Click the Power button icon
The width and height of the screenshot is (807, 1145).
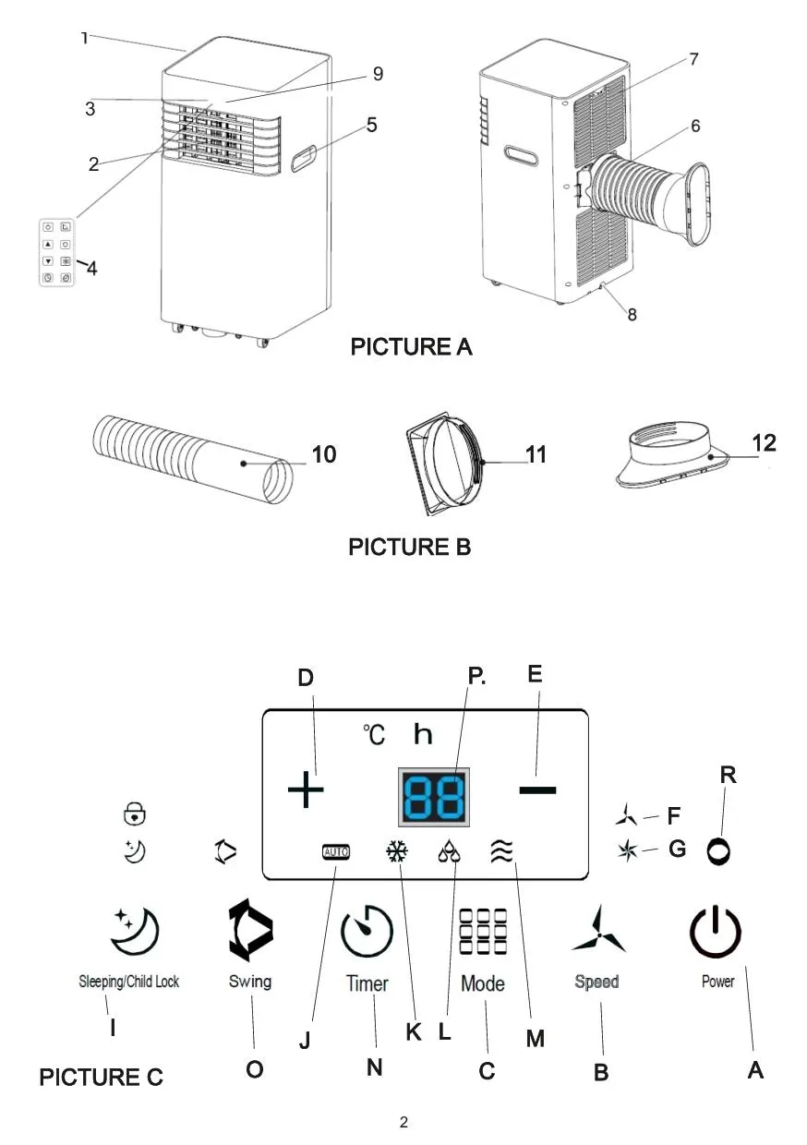pos(716,932)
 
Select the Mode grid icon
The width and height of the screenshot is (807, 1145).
pos(482,932)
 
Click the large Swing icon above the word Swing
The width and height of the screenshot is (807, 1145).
pos(249,931)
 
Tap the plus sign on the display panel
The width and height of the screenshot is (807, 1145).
pos(306,791)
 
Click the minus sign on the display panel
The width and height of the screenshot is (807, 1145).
pos(537,789)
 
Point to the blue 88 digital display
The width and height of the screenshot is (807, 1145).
pos(434,796)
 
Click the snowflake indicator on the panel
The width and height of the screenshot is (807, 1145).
pos(397,851)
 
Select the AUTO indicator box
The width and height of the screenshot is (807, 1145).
pos(335,851)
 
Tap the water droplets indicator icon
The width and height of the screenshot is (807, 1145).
pos(450,851)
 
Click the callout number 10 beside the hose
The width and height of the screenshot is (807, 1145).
pos(323,454)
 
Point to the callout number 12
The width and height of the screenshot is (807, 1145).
pos(763,442)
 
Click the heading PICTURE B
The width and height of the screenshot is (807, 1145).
pos(409,547)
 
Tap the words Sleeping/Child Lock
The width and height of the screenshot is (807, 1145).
pos(128,982)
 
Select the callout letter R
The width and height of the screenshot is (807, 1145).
pos(728,775)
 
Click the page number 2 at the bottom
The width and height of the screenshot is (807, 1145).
pos(403,1123)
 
